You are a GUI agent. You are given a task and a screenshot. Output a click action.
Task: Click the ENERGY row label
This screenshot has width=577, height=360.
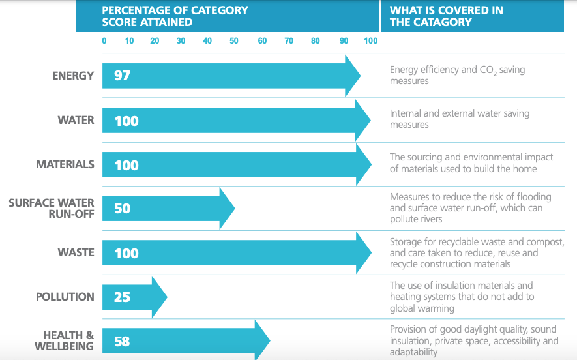click(x=73, y=76)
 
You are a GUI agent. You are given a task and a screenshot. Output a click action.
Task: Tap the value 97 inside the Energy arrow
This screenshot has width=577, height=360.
click(x=122, y=76)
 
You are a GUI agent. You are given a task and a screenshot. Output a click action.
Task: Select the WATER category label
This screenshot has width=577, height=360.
click(x=76, y=120)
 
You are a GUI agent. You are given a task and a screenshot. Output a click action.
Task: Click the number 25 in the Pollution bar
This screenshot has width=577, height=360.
click(x=122, y=297)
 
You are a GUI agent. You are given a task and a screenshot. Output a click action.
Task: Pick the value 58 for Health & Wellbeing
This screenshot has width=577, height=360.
click(x=122, y=341)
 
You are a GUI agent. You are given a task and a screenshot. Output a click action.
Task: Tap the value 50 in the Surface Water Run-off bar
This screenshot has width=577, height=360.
click(x=122, y=209)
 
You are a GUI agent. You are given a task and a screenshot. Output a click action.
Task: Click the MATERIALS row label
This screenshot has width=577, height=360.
click(x=65, y=164)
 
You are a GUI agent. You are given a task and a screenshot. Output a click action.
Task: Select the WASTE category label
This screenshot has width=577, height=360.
click(x=76, y=252)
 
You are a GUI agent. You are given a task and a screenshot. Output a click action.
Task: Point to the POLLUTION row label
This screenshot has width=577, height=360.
click(x=65, y=297)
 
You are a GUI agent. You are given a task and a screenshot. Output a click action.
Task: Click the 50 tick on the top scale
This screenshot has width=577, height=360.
click(x=233, y=41)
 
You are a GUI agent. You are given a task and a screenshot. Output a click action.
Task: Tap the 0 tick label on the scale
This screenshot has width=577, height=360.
click(x=104, y=41)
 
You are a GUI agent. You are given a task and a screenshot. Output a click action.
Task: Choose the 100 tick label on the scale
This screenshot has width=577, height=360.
click(x=370, y=41)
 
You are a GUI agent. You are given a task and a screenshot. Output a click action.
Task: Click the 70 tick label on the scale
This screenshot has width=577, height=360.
click(x=288, y=41)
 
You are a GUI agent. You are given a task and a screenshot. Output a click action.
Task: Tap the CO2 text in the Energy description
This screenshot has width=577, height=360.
click(x=487, y=70)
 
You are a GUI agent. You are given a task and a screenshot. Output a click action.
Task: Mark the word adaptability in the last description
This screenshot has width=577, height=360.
click(x=413, y=352)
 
